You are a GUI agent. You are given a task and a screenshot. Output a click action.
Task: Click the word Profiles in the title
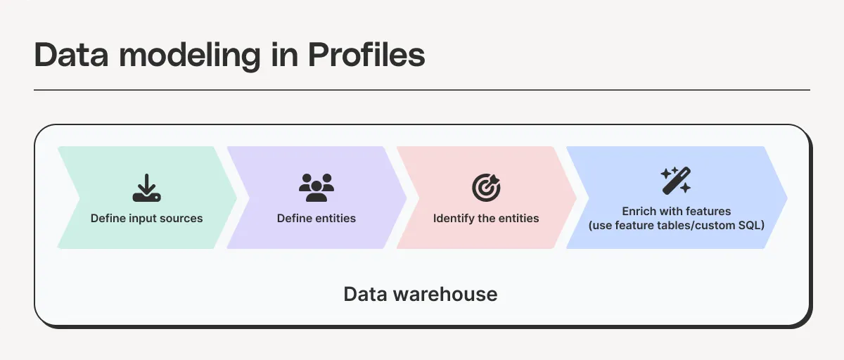click(366, 55)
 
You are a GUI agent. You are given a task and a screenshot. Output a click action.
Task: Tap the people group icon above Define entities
click(316, 186)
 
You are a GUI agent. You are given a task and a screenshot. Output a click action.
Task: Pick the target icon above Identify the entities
click(486, 187)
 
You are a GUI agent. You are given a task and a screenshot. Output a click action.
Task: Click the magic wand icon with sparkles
click(676, 181)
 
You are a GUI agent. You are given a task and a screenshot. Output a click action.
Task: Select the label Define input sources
click(147, 218)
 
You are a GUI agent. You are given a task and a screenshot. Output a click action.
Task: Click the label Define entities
click(316, 218)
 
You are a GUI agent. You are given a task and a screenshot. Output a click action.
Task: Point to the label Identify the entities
click(486, 218)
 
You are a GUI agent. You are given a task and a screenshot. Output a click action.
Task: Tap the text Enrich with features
click(677, 211)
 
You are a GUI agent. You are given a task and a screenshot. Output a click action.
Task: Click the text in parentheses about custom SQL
click(677, 225)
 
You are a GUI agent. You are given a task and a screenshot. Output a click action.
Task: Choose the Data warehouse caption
click(421, 293)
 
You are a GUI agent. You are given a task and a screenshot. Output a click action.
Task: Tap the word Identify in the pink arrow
click(453, 218)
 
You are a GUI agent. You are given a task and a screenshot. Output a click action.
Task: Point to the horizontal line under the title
click(422, 90)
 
